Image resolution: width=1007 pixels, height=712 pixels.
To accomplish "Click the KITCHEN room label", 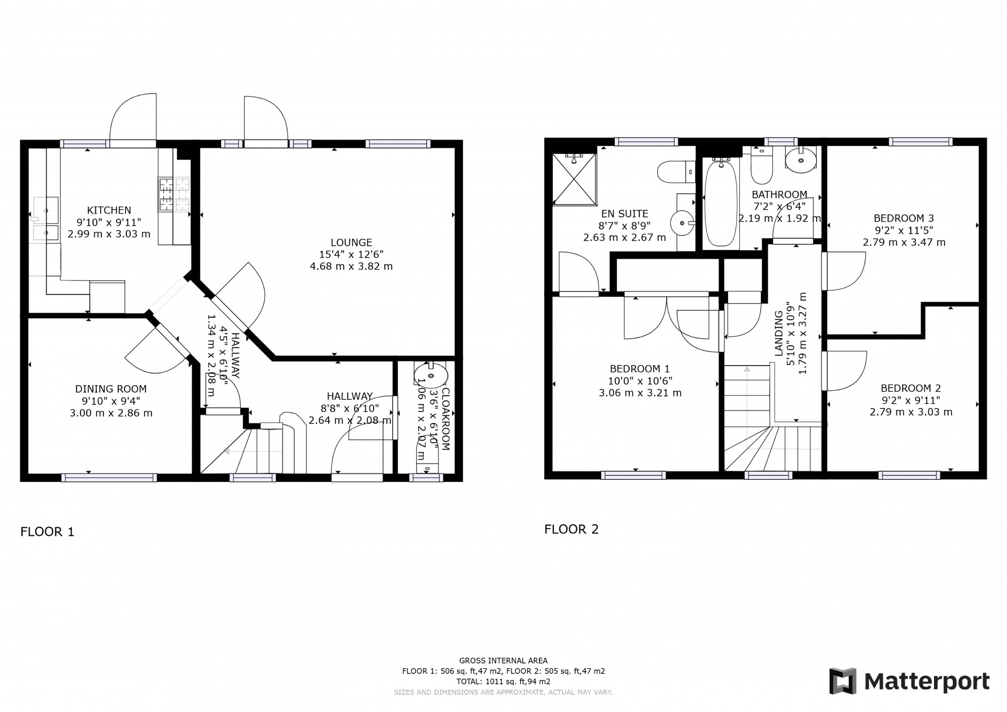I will click(x=109, y=210).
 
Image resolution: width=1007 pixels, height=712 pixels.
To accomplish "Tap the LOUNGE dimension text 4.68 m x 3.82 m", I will click(x=351, y=266).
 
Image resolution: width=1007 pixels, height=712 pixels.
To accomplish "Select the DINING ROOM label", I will click(x=111, y=389).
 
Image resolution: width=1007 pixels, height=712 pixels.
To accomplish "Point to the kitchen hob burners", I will click(x=174, y=195).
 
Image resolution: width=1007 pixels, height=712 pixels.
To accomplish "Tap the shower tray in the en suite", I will click(x=574, y=179).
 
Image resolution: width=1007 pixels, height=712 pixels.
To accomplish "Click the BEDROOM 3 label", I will click(x=904, y=218).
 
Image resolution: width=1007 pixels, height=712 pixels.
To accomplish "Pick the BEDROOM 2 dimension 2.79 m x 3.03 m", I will click(x=911, y=412).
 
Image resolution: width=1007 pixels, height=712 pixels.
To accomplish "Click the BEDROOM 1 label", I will click(x=639, y=369).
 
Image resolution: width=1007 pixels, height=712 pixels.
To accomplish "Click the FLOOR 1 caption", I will click(x=47, y=532).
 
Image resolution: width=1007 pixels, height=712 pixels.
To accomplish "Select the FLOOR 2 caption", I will click(x=571, y=529).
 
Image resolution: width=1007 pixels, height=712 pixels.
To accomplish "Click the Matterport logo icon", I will click(x=843, y=681).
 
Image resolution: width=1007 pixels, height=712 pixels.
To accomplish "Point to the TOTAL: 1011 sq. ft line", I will click(x=503, y=682).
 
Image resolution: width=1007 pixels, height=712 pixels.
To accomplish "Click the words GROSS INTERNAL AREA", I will click(x=503, y=661).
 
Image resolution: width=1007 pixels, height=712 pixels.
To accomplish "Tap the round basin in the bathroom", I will click(x=801, y=161).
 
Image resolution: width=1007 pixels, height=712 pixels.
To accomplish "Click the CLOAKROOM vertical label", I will click(x=445, y=418).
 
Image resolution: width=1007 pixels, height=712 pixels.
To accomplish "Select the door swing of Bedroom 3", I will click(x=846, y=271).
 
